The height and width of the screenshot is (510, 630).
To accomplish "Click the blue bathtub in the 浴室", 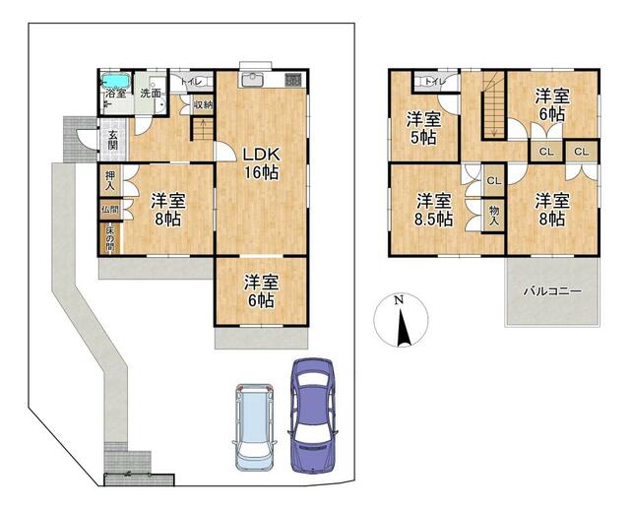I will click(x=116, y=80).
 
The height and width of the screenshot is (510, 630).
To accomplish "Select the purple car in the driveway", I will click(x=313, y=404).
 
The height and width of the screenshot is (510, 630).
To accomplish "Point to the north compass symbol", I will click(x=400, y=321).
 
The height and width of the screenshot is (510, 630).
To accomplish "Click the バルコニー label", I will click(x=551, y=292).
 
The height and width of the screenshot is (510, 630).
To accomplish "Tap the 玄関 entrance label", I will click(x=113, y=141).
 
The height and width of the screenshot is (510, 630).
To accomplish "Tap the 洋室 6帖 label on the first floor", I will click(x=262, y=288).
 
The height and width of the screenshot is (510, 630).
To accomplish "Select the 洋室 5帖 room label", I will click(x=425, y=129).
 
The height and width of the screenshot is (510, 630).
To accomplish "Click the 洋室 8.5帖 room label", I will click(x=433, y=209).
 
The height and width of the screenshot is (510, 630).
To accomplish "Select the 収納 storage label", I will click(x=203, y=104).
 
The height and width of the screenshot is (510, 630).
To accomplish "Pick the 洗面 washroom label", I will click(x=151, y=94).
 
